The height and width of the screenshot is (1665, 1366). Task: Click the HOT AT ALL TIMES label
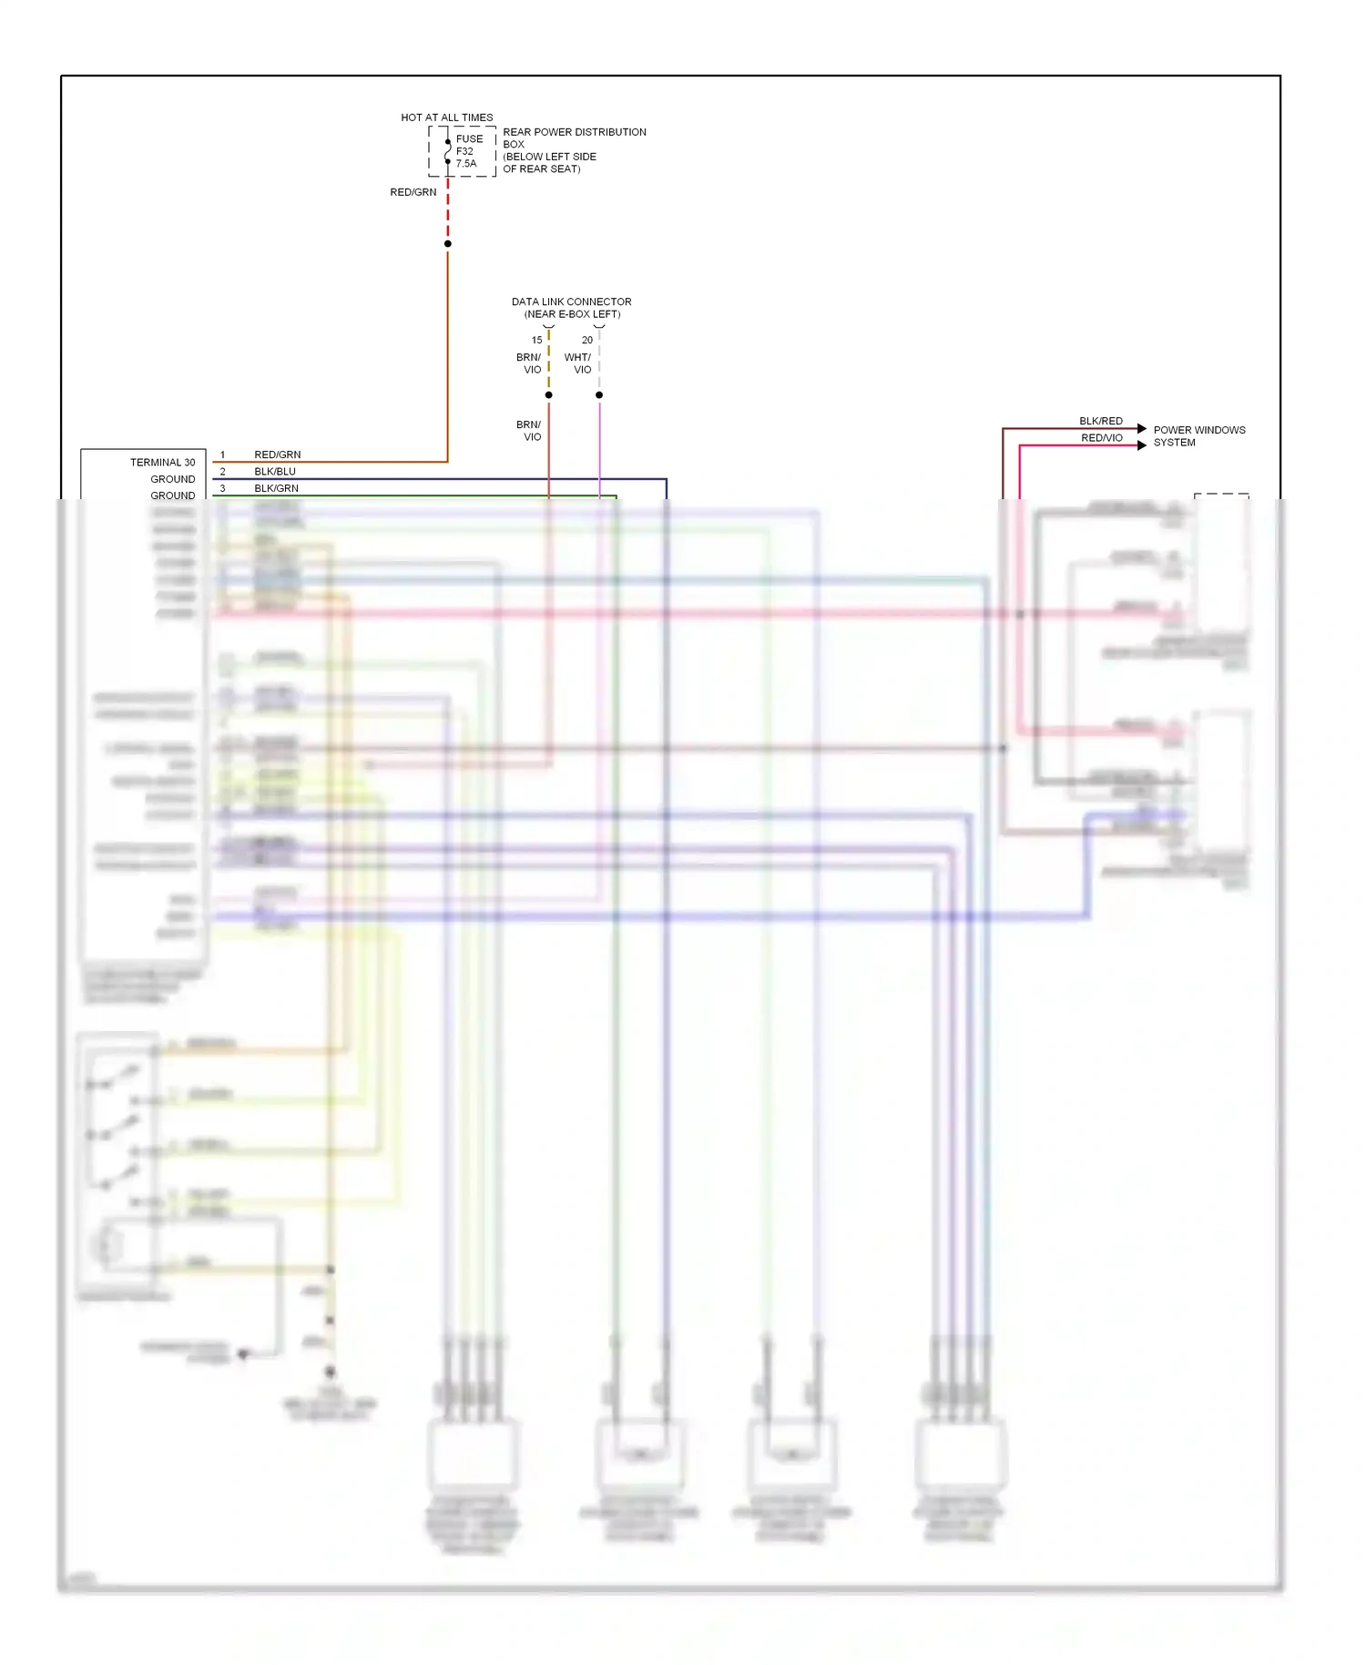click(x=446, y=117)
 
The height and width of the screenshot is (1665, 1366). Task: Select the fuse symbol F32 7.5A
click(x=448, y=151)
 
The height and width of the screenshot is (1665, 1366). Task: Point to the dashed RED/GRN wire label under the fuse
click(x=413, y=192)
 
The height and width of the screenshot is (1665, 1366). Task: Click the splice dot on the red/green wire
click(x=447, y=243)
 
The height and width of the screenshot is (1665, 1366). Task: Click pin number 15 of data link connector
click(x=536, y=340)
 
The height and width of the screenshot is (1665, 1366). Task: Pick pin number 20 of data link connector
click(x=586, y=340)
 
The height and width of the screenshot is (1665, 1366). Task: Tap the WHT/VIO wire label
click(x=577, y=363)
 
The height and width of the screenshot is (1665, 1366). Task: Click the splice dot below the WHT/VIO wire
click(x=599, y=394)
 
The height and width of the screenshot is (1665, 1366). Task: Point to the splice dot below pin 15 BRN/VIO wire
click(x=548, y=394)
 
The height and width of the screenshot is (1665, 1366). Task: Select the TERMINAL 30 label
click(x=162, y=463)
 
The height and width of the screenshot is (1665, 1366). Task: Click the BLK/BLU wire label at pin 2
click(x=275, y=472)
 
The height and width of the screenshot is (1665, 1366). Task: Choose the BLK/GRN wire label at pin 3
click(x=276, y=488)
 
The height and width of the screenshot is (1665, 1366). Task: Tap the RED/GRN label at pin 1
click(x=277, y=455)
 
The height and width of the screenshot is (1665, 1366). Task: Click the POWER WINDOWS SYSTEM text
click(x=1198, y=436)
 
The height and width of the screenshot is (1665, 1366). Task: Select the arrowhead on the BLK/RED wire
click(x=1142, y=428)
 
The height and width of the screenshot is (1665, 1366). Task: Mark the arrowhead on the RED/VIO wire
click(x=1142, y=445)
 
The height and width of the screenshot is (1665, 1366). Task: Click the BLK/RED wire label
click(x=1100, y=421)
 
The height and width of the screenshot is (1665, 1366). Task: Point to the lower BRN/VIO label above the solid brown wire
click(x=528, y=431)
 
